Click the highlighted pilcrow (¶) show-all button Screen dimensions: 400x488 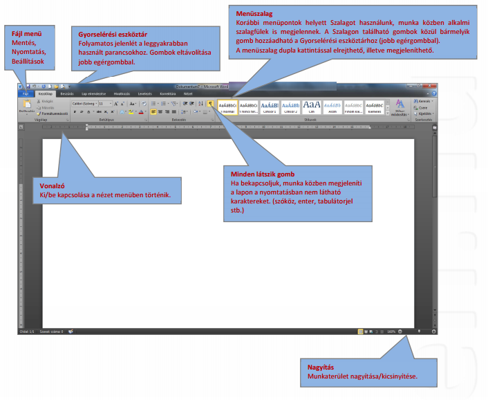(210, 102)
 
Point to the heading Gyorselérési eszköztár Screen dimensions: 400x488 (113, 34)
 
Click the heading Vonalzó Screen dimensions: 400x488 (53, 187)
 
